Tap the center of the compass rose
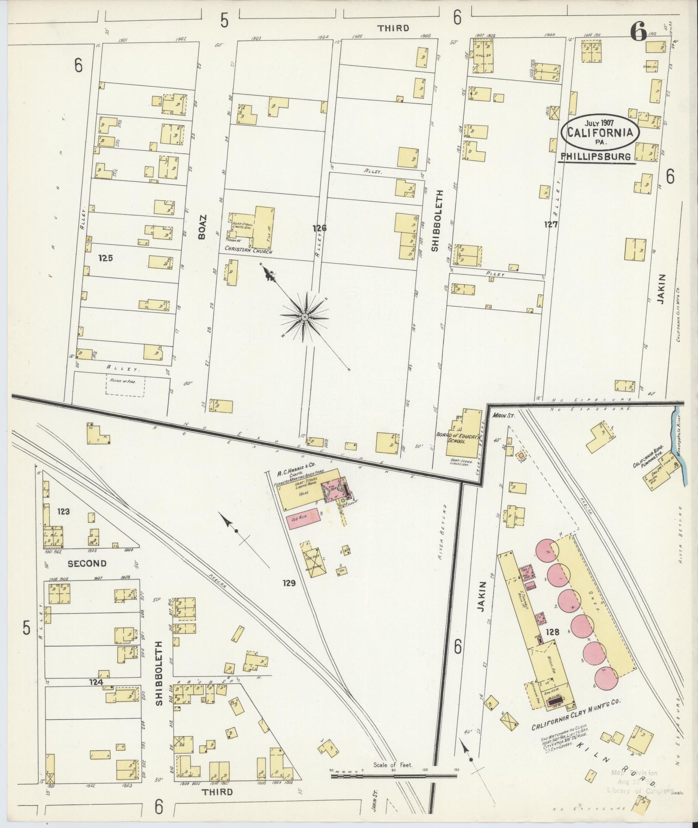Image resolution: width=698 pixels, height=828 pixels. [x=305, y=317]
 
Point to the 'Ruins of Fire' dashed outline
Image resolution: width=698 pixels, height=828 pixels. [x=125, y=385]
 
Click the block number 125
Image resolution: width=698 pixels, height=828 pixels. [x=106, y=258]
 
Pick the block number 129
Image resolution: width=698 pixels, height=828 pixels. [x=289, y=583]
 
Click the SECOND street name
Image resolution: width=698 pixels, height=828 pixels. [x=87, y=563]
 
